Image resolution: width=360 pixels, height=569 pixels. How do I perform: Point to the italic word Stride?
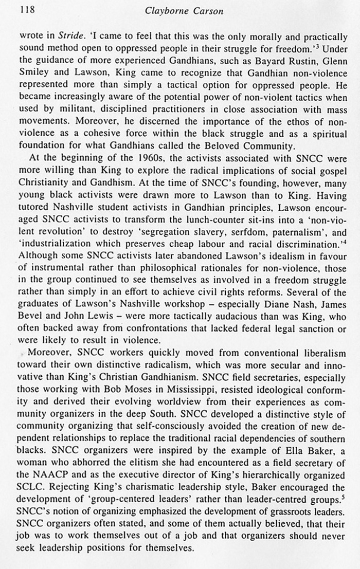[76, 36]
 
